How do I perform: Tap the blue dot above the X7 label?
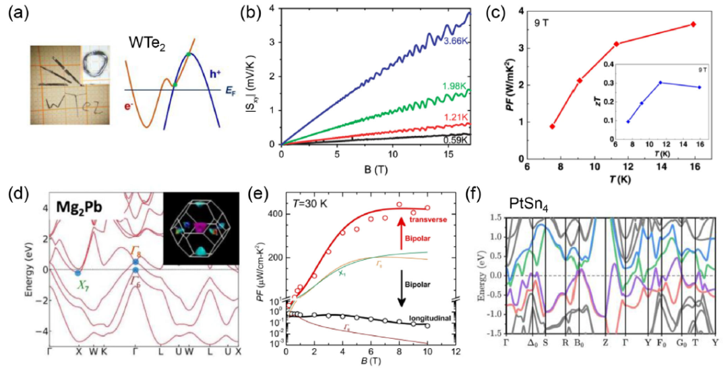point(78,273)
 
